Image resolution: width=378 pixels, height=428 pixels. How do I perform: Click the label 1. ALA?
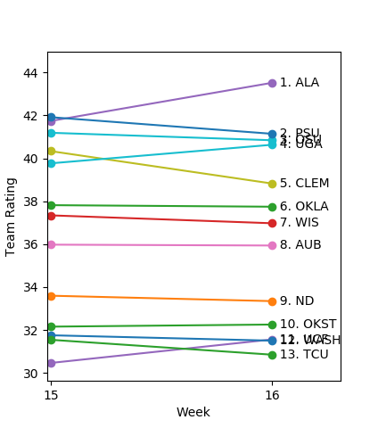(299, 83)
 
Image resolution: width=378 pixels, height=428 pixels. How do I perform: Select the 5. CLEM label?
(304, 184)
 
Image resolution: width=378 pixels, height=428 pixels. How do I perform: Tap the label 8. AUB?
(300, 245)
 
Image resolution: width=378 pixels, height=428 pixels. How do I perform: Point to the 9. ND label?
(297, 301)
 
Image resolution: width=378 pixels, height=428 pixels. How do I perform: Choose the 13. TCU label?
(304, 355)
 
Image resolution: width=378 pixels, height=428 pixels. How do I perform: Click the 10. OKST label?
(308, 325)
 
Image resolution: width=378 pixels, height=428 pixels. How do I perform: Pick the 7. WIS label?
(299, 223)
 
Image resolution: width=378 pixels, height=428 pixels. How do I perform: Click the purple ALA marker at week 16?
(272, 83)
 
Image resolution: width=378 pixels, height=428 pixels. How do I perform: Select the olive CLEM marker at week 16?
(272, 184)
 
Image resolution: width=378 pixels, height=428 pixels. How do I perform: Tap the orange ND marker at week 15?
(51, 296)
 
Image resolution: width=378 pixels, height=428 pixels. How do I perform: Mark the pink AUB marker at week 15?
(51, 244)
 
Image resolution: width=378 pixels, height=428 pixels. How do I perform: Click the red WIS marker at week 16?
(272, 223)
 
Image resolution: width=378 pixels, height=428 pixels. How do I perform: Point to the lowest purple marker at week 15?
(51, 363)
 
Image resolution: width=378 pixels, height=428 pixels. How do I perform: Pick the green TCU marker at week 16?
(272, 355)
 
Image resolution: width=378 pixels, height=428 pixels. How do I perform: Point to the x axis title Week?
(193, 412)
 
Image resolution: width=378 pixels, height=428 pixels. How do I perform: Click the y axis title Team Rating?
(12, 216)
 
